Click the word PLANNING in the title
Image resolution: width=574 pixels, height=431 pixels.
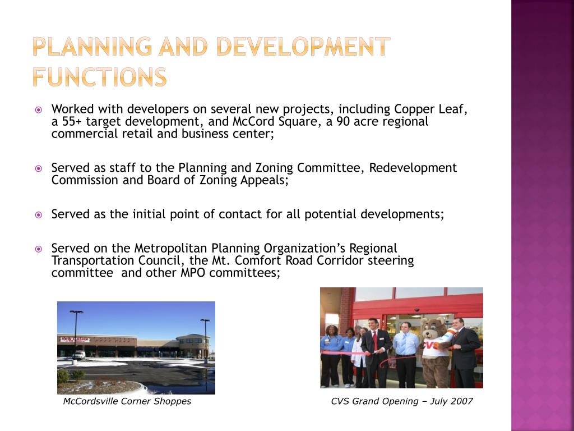coord(91,47)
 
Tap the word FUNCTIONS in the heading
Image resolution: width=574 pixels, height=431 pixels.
coord(99,77)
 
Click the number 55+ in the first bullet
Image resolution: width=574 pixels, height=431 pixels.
coord(71,121)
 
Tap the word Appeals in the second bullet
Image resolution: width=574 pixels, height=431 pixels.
coord(263,180)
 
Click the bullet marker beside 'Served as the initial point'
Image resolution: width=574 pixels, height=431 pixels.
coord(39,214)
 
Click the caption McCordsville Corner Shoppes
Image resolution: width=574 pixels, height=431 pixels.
coord(127,401)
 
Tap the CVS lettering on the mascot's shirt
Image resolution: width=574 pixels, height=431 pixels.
coord(431,345)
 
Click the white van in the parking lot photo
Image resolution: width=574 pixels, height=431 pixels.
coord(78,355)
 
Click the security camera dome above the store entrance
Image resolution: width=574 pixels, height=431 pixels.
coord(416,309)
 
